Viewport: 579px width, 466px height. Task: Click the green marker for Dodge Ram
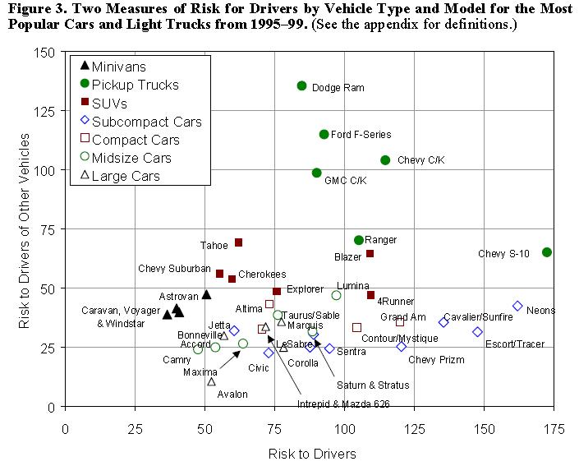click(301, 85)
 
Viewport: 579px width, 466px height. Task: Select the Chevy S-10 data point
click(547, 252)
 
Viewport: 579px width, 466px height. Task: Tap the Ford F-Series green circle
click(324, 134)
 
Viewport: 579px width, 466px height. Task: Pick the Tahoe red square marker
click(238, 242)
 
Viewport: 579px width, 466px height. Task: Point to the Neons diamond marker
click(517, 306)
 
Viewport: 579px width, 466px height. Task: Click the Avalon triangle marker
click(211, 381)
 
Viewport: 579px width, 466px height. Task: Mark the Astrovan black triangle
click(206, 294)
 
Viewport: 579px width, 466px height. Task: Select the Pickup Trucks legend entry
click(135, 85)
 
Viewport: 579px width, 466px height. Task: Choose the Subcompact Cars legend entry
click(146, 122)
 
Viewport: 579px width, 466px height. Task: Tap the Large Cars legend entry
click(126, 176)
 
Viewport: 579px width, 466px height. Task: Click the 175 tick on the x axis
click(554, 428)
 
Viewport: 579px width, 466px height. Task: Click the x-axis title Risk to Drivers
click(312, 453)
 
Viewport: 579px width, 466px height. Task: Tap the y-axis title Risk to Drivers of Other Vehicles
click(25, 230)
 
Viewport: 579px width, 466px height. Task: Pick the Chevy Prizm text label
click(436, 359)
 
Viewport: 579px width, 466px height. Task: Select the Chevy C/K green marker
click(385, 160)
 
